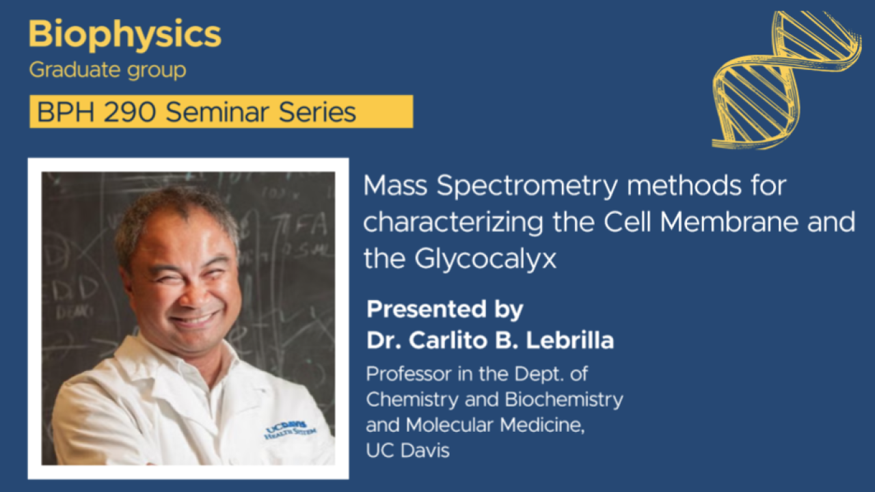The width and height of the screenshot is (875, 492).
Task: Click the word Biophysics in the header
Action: click(x=125, y=35)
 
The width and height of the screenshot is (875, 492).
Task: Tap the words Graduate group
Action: click(x=107, y=70)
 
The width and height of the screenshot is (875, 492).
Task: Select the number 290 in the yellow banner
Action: click(x=130, y=112)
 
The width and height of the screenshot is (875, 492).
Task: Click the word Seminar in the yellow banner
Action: click(x=218, y=112)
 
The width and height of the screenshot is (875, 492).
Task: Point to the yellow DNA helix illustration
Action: click(x=785, y=80)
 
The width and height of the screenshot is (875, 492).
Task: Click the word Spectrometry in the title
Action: click(x=527, y=187)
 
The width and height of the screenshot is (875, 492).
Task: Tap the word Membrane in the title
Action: click(x=729, y=222)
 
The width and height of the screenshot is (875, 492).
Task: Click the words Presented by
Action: click(x=444, y=310)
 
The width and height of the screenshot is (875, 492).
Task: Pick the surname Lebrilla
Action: click(x=570, y=340)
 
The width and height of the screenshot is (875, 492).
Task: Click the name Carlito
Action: click(x=448, y=340)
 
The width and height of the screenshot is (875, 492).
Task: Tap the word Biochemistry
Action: click(x=564, y=400)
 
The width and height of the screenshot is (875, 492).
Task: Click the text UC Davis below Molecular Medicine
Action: click(x=408, y=450)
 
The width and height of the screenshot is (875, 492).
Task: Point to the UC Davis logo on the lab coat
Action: click(x=291, y=430)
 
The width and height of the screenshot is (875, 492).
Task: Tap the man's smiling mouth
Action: click(x=194, y=319)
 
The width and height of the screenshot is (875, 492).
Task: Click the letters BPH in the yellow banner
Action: click(x=66, y=112)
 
